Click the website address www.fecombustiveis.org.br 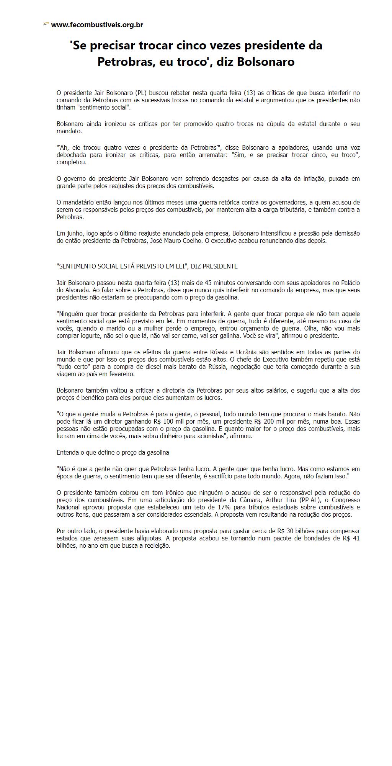click(x=97, y=25)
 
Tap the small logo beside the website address click(x=46, y=25)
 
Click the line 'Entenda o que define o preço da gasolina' click(x=113, y=452)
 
